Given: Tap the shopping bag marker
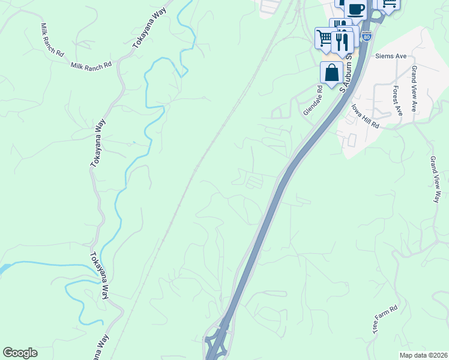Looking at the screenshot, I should (331, 73).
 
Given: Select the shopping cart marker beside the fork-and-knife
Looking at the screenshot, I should (325, 38).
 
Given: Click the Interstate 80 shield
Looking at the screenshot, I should (367, 36).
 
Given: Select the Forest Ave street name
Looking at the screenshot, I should (396, 100).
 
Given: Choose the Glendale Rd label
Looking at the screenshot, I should (313, 100).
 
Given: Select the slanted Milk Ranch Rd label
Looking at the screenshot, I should (52, 40).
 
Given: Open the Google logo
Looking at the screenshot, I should (20, 353).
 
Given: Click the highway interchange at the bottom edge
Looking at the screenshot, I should (217, 342).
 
